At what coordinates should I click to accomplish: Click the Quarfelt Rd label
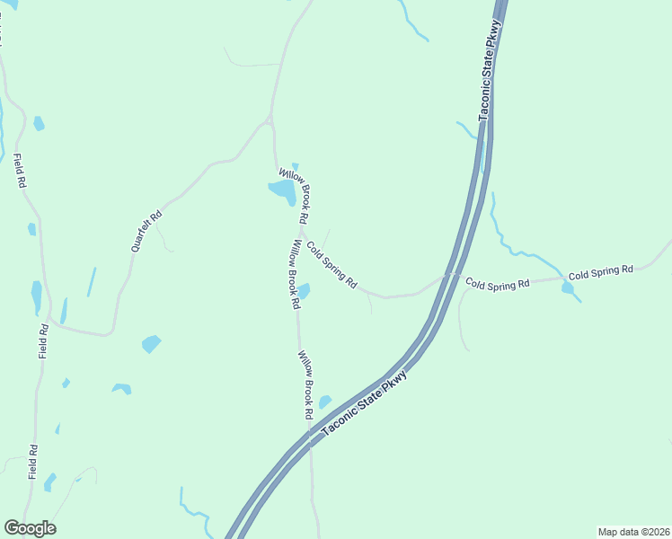click(x=146, y=229)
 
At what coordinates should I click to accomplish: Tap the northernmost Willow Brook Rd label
click(x=294, y=195)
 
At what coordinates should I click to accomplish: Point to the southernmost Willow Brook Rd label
click(x=306, y=385)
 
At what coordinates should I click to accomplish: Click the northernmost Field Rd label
click(x=19, y=171)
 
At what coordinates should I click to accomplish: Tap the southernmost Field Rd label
click(x=32, y=460)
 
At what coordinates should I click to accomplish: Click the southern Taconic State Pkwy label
click(x=365, y=403)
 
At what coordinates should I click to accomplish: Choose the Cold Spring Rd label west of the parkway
click(x=332, y=264)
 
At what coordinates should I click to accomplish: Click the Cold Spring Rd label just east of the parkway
click(x=497, y=284)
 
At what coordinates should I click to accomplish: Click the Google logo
click(x=30, y=528)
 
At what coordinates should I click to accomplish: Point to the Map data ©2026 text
click(x=632, y=531)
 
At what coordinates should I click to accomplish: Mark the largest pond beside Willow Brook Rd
click(x=282, y=190)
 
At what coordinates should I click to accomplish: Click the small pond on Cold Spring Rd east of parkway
click(x=568, y=287)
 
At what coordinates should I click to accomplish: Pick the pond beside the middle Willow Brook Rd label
click(x=304, y=291)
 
